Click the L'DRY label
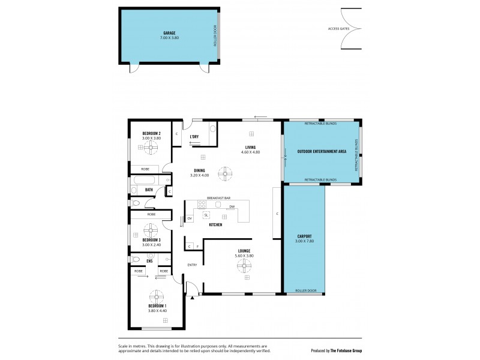coord(194,136)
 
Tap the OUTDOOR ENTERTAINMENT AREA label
coord(322,151)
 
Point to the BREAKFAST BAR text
coord(219,197)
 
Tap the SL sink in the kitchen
coord(206,214)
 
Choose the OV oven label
coord(190,218)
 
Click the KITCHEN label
coord(215,224)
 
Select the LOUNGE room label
coord(244,250)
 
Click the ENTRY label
coord(192,265)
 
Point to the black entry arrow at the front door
coord(192,297)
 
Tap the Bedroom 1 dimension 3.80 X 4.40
coord(155,310)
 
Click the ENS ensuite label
coord(149,261)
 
